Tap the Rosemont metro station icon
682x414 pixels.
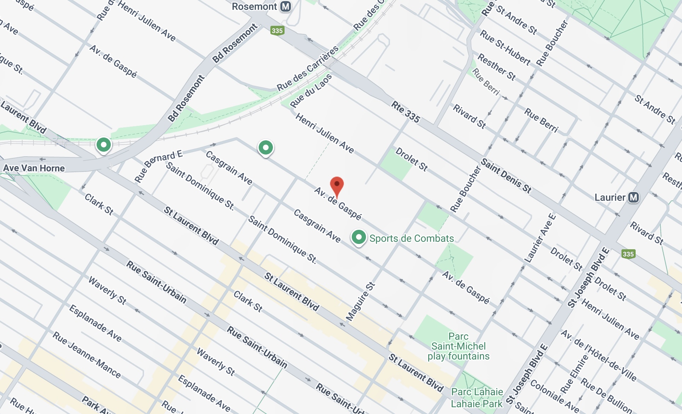click(286, 7)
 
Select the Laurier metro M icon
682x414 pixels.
click(634, 197)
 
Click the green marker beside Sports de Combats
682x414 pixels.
click(359, 237)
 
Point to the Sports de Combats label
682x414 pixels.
click(412, 239)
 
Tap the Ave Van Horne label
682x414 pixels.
click(34, 168)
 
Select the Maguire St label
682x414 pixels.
click(360, 302)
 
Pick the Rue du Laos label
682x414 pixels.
click(311, 91)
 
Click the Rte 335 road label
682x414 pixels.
click(406, 112)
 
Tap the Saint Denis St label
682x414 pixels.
click(506, 176)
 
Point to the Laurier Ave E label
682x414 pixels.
click(540, 238)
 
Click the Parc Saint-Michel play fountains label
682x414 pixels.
click(458, 346)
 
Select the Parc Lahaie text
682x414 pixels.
click(477, 392)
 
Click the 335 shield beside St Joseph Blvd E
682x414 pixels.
click(628, 254)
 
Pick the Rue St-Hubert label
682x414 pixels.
click(505, 48)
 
